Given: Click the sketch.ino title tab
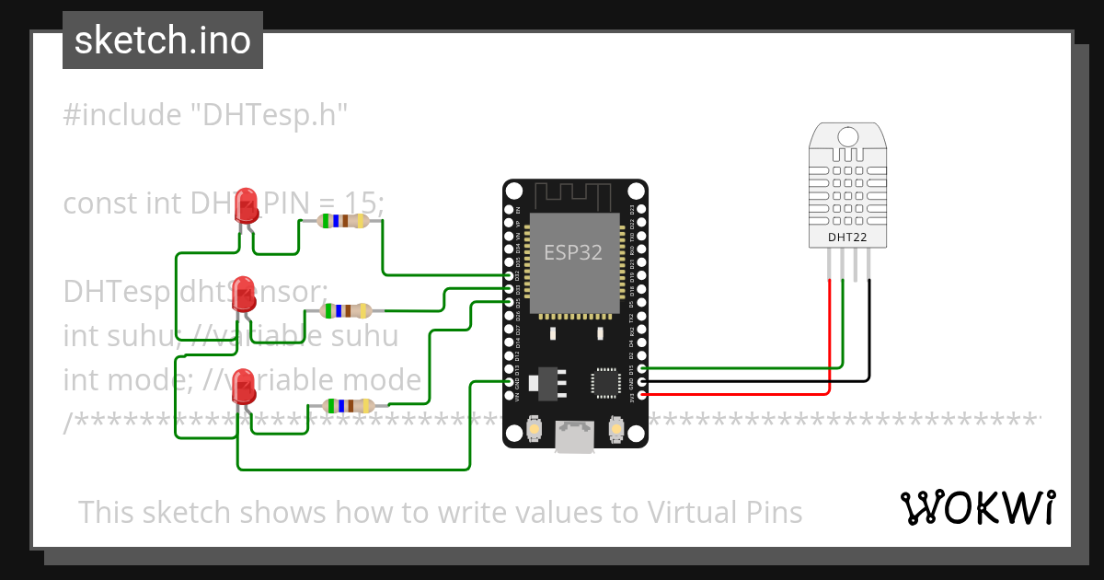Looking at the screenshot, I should [x=162, y=41].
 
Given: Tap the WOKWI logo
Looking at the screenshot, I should [x=977, y=507].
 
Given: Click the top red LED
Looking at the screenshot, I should [x=246, y=206].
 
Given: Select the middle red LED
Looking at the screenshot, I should [x=244, y=293].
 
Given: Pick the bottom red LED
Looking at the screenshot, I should [x=244, y=386].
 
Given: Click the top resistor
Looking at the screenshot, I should [x=342, y=221].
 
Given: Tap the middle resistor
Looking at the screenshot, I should [x=345, y=311].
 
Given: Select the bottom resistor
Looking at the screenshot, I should [x=344, y=406].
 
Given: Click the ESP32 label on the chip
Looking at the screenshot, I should [x=573, y=252].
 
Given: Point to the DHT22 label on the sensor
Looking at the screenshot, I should [x=847, y=237].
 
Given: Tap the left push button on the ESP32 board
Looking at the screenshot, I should [x=534, y=428].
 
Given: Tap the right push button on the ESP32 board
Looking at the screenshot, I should [x=616, y=428].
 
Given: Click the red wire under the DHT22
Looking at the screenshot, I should [x=831, y=331].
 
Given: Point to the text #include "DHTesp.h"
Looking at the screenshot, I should [x=205, y=115].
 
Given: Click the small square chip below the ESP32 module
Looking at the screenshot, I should [x=606, y=382].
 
